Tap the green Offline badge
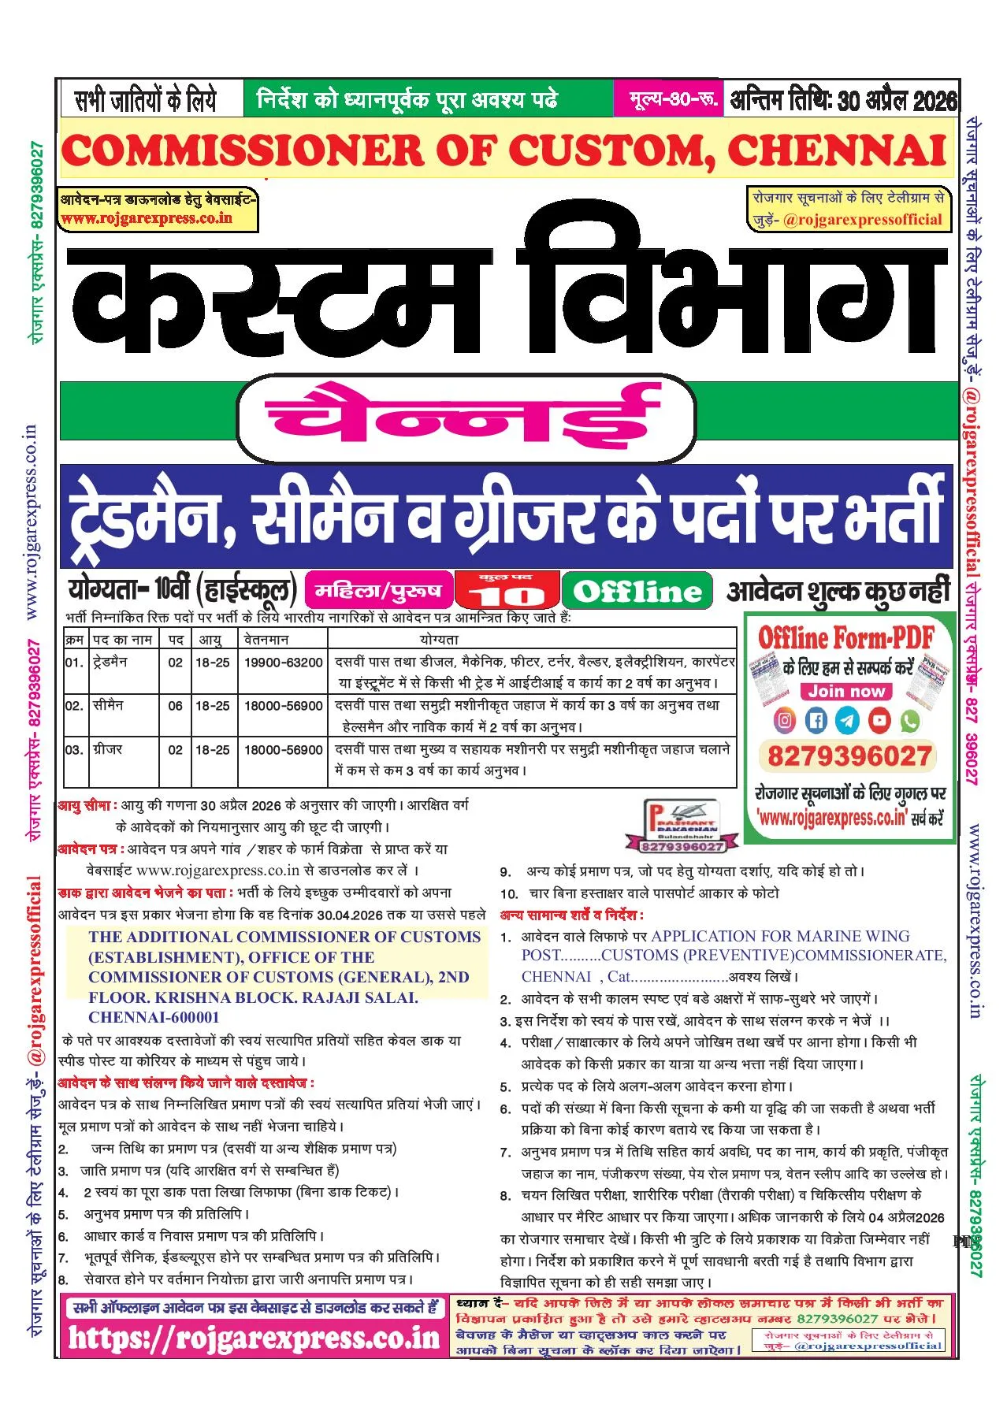tap(637, 591)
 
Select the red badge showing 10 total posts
tap(508, 591)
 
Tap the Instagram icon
tap(786, 719)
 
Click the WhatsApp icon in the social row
tap(910, 719)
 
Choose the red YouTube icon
tap(879, 719)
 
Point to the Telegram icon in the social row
tap(848, 719)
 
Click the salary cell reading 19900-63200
tap(283, 663)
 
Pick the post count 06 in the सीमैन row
tap(175, 706)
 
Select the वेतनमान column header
tap(266, 640)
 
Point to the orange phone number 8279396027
tap(849, 756)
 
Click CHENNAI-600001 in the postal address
tap(154, 1017)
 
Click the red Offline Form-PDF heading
tap(846, 637)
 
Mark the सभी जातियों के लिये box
tap(146, 100)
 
